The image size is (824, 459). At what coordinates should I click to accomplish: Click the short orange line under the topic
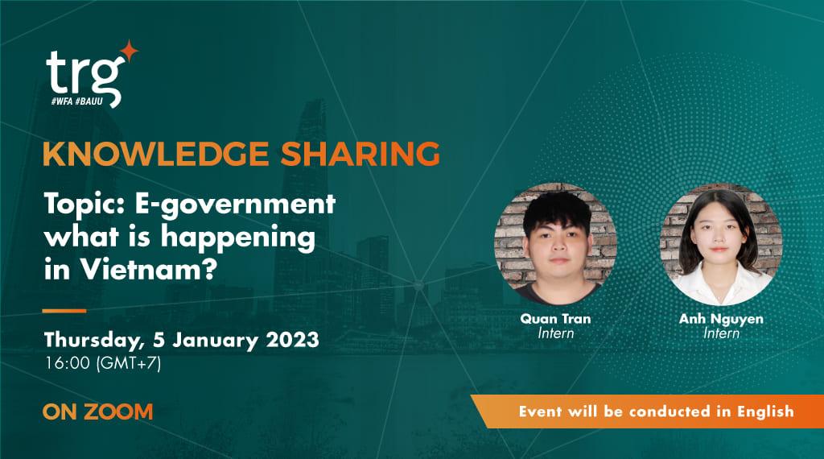point(64,309)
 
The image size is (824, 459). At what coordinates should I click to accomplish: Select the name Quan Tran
point(555,319)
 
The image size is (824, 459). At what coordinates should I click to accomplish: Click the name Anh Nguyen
point(721,319)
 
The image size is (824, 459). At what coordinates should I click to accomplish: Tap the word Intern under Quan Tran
point(555,333)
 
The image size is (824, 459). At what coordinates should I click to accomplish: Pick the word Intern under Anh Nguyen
point(721,333)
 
